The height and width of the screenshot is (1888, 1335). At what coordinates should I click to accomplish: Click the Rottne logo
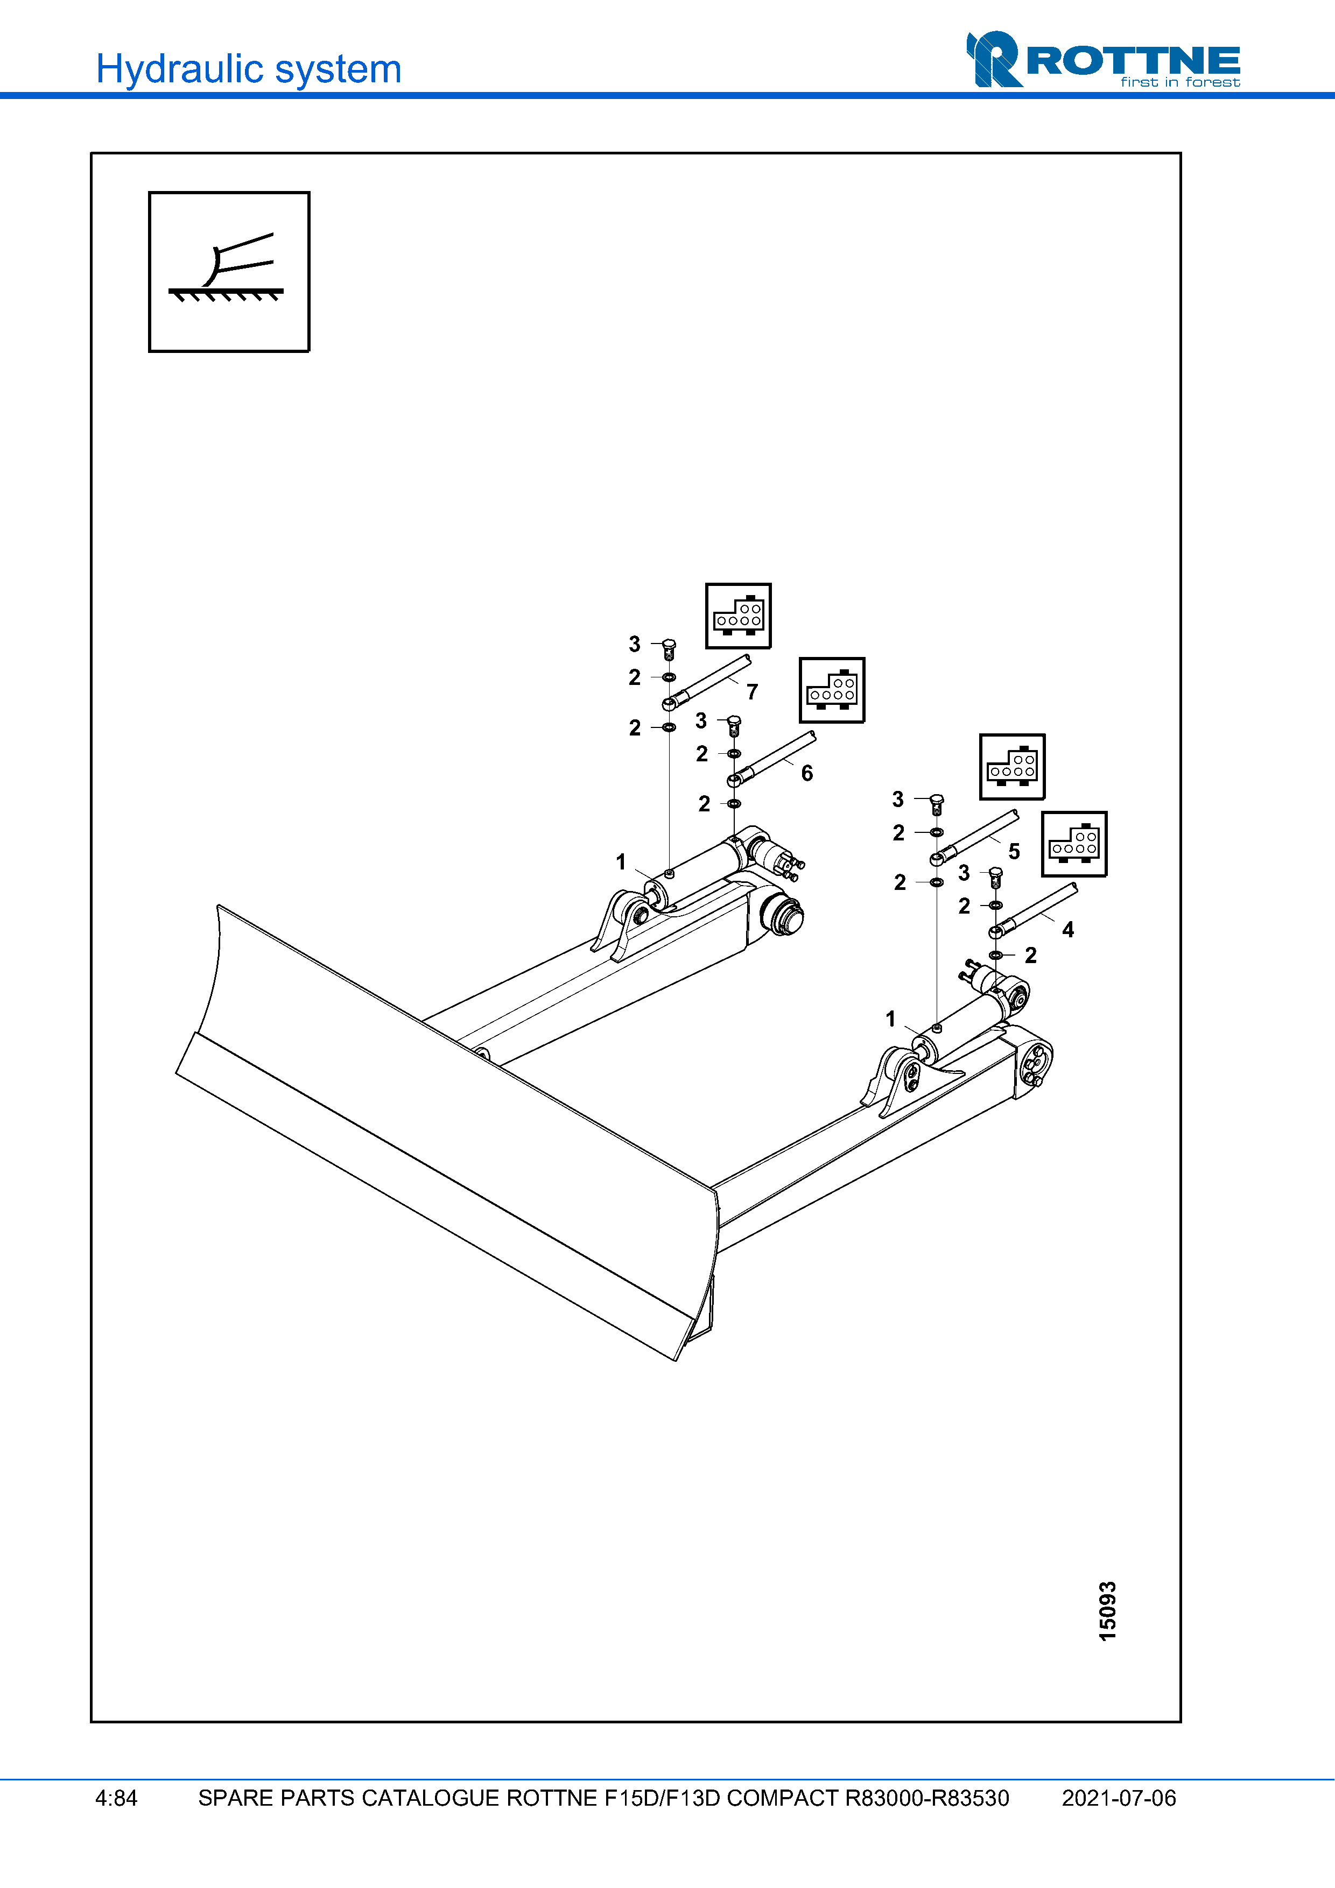(x=1102, y=60)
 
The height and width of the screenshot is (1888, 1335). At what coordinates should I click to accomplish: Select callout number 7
(x=752, y=692)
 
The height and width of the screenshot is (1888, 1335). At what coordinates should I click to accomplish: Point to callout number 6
(x=807, y=773)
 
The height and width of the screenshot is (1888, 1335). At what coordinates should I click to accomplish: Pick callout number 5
(x=1014, y=851)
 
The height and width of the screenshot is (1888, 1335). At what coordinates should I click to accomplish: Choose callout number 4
(x=1067, y=930)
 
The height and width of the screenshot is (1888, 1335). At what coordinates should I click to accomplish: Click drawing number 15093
(x=1108, y=1611)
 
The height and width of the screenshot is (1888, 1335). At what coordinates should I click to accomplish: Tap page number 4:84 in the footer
(x=116, y=1798)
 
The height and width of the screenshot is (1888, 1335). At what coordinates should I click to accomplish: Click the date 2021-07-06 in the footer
(x=1119, y=1798)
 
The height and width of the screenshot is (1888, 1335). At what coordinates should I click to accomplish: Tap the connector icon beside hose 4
(x=1073, y=844)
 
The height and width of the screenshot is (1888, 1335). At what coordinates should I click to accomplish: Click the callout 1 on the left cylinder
(x=621, y=862)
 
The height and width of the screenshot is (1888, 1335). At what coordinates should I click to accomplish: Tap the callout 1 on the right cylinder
(x=890, y=1019)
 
